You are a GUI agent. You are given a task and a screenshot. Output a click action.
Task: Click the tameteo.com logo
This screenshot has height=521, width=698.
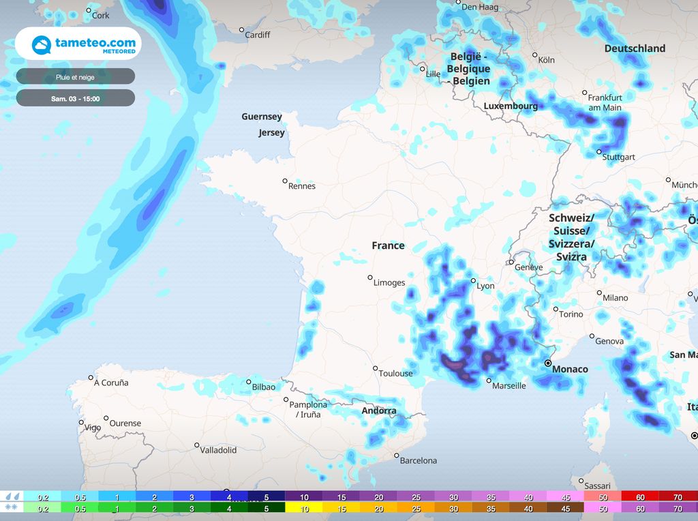[x=78, y=44]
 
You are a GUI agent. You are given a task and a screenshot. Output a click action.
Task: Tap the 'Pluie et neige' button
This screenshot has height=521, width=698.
[x=75, y=77]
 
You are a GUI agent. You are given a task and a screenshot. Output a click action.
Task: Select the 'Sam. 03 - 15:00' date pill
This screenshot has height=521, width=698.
[x=75, y=98]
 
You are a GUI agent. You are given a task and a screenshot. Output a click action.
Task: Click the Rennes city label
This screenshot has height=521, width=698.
[x=302, y=186]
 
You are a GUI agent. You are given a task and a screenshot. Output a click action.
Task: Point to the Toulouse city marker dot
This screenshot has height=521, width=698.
[x=376, y=368]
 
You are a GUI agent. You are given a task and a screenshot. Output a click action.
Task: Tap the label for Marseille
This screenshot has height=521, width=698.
[x=509, y=386]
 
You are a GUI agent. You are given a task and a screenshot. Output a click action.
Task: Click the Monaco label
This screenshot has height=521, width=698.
[x=570, y=369]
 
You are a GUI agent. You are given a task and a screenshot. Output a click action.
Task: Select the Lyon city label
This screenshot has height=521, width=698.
[x=485, y=286]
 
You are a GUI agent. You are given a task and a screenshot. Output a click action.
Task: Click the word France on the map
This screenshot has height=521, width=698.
[x=388, y=245]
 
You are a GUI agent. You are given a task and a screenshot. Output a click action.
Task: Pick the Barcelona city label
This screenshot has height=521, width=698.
[x=419, y=460]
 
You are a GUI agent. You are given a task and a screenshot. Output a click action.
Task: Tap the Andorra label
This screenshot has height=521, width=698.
[x=379, y=411]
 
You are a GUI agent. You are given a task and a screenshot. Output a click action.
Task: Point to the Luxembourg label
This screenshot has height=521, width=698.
[x=511, y=106]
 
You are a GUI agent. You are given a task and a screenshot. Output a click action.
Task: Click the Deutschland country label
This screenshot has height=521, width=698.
[x=635, y=48]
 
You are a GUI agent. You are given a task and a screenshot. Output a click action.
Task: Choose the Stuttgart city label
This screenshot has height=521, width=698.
[x=618, y=157]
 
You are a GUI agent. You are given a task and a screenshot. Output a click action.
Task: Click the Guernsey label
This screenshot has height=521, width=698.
[x=262, y=117]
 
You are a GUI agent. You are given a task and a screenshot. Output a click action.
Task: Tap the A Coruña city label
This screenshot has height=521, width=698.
[x=111, y=383]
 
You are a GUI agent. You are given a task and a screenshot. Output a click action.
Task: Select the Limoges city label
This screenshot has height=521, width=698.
[x=389, y=282]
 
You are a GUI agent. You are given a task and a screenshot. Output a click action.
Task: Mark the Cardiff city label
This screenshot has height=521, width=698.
[x=258, y=35]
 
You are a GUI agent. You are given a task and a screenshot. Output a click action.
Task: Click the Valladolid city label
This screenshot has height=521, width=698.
[x=218, y=450]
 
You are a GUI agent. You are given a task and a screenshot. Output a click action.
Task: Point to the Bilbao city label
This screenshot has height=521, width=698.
[x=264, y=387]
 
